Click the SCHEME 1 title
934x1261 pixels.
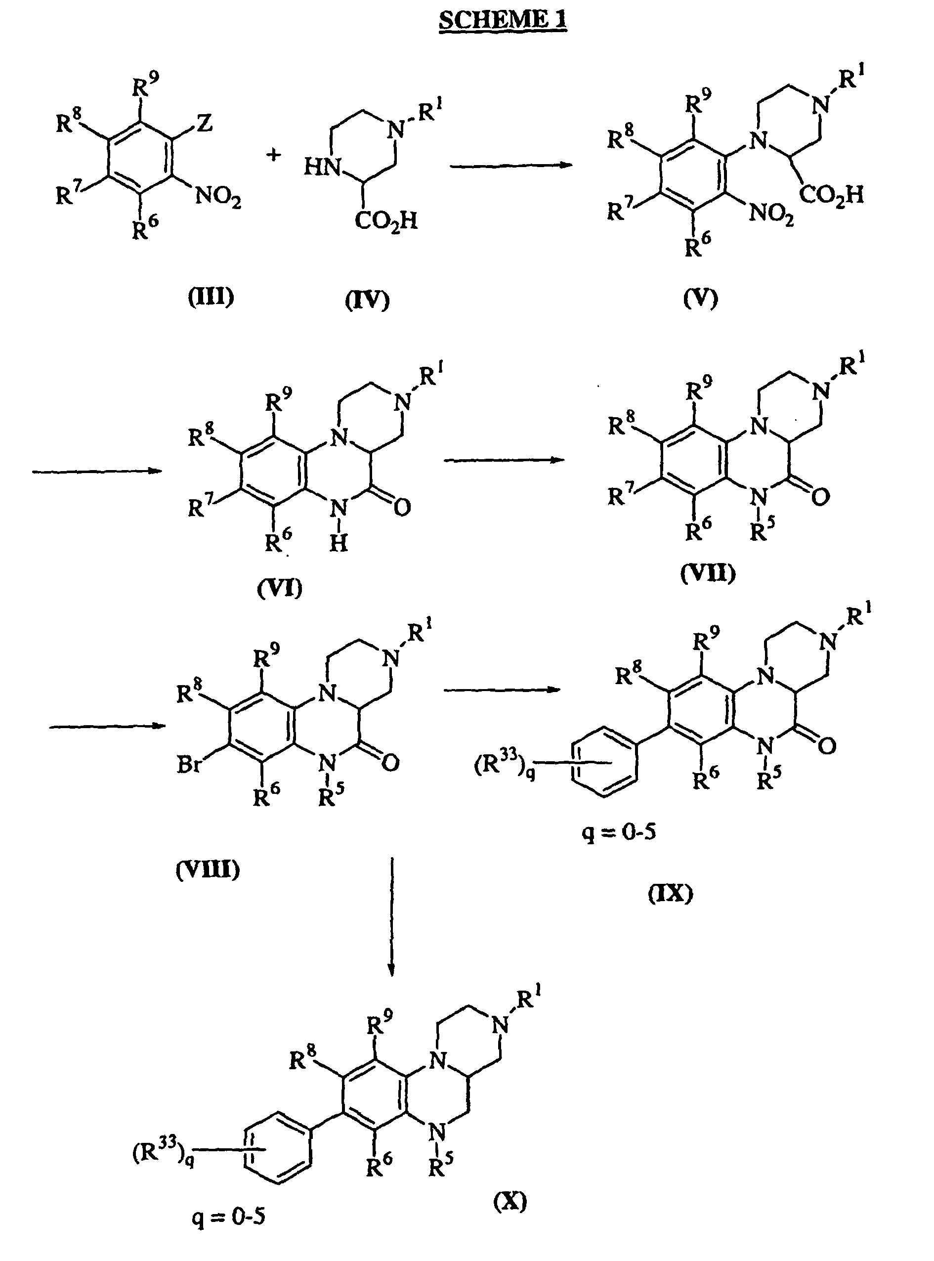pos(503,21)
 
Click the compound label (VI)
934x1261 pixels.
pos(279,589)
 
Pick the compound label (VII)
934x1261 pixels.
pos(708,574)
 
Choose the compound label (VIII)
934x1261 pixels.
pos(208,869)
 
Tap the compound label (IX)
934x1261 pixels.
pos(671,893)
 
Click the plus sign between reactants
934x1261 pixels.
pos(274,154)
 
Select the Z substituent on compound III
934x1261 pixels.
pos(204,123)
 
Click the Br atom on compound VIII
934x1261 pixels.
pos(189,765)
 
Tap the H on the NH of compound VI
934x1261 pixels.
pos(338,543)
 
